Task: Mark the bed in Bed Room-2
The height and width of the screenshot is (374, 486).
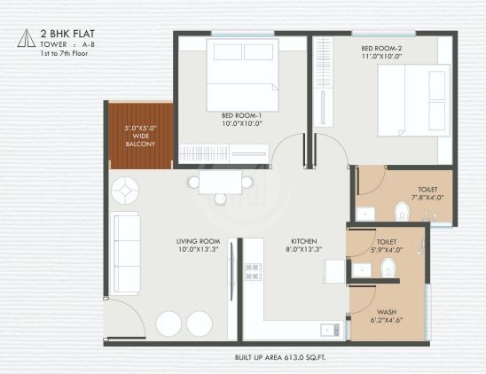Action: [406, 97]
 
